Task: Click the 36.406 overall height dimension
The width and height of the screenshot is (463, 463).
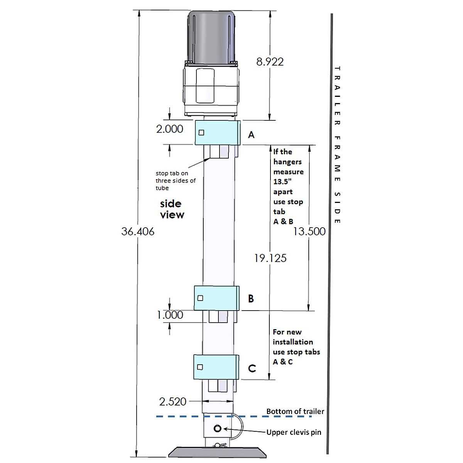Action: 138,231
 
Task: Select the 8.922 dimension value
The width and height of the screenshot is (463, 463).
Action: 270,62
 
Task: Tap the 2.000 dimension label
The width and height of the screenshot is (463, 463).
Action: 170,129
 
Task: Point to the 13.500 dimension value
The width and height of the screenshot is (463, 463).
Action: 309,231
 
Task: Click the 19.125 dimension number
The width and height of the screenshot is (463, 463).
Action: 270,258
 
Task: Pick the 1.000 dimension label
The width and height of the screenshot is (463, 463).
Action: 170,315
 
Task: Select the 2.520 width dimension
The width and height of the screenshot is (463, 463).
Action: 172,402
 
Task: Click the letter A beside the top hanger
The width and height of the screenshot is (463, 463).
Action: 251,135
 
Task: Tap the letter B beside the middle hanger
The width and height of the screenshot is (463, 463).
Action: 251,298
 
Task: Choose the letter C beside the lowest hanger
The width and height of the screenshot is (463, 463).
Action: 252,368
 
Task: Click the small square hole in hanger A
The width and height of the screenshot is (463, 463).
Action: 201,133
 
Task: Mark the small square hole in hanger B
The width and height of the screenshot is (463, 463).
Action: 200,298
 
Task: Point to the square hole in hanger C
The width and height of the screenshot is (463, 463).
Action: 200,367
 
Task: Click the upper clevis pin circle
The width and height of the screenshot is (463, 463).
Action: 217,429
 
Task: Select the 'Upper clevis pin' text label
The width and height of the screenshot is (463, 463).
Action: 294,432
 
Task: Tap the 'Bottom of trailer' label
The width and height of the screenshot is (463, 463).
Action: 295,411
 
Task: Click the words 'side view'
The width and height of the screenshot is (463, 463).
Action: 171,209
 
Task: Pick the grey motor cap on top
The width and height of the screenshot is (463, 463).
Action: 212,37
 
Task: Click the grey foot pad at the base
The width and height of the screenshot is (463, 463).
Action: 217,453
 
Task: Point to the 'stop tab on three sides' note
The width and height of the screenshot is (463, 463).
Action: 176,181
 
